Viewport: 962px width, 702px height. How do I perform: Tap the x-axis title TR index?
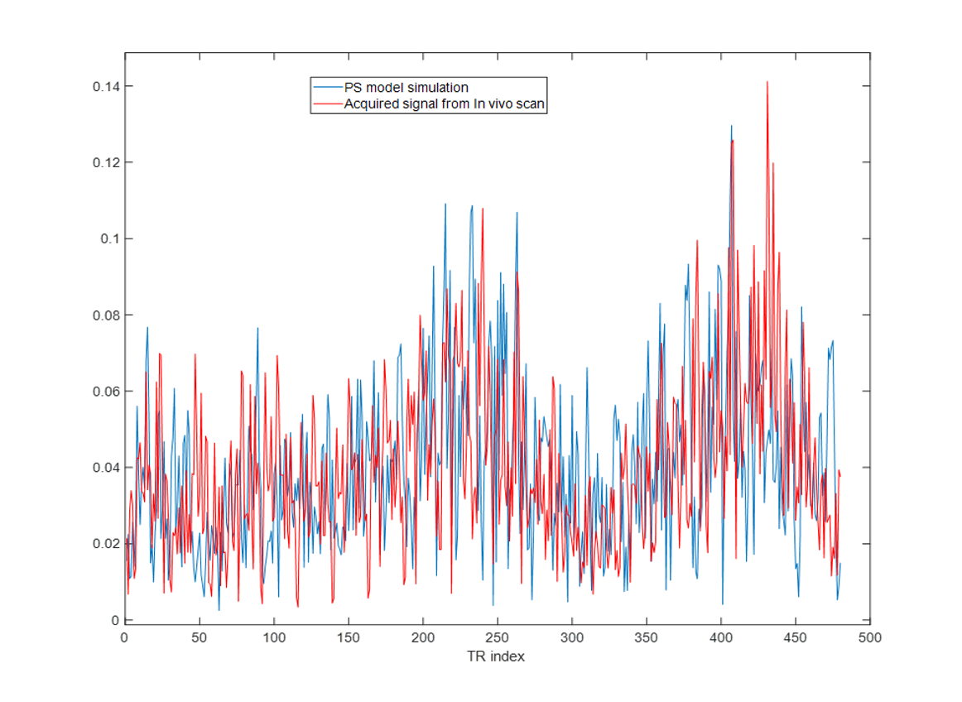pos(495,656)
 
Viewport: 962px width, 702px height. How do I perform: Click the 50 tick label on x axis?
pos(199,637)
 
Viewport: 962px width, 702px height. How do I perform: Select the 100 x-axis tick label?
pos(273,637)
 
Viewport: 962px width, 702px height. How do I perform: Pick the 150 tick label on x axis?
pos(348,637)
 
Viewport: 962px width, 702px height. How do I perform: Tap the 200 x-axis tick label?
pos(422,637)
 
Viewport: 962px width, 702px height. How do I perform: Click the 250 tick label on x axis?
pos(497,637)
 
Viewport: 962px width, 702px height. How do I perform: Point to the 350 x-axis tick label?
pos(646,637)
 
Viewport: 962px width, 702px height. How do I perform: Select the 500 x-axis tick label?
pos(869,637)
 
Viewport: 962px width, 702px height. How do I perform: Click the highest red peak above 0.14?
pos(767,82)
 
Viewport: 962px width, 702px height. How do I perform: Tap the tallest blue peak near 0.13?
pos(731,126)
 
